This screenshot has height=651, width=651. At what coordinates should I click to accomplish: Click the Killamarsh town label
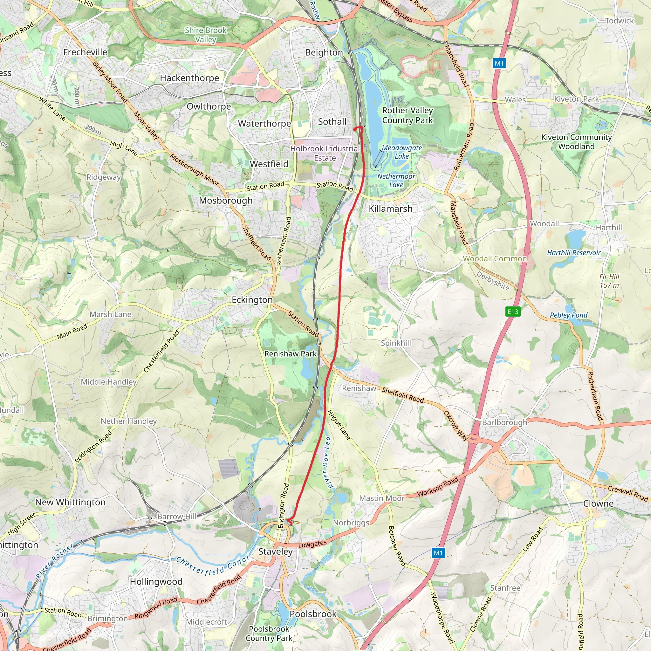coord(391,209)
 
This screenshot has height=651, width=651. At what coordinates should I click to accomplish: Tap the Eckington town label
coord(252,299)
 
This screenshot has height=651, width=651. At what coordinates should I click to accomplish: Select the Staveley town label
coord(275,551)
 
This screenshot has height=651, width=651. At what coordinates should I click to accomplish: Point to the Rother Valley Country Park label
coord(408,115)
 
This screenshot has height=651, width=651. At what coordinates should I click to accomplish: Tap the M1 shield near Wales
coord(499,63)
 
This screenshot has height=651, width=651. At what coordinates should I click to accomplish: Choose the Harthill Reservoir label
coord(573,253)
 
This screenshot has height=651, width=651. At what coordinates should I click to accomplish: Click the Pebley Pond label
coord(568,315)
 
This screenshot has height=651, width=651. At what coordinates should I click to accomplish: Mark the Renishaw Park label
coord(291,354)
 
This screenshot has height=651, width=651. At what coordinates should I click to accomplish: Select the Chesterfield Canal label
coord(212,566)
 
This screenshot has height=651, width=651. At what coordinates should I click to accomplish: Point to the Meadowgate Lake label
coord(402,152)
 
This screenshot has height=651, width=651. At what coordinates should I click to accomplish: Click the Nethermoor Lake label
coord(396,180)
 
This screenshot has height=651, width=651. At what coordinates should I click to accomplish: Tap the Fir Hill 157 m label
coord(609,281)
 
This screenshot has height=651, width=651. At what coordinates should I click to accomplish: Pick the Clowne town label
coord(598,504)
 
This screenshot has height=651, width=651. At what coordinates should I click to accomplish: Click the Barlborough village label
coord(504,422)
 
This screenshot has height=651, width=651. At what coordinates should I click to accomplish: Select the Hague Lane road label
coord(339,424)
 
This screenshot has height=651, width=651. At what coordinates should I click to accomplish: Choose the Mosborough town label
coord(225,201)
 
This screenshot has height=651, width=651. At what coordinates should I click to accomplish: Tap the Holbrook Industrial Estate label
coord(325,153)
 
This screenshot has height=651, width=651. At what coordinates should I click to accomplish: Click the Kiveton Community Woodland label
coord(576,141)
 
